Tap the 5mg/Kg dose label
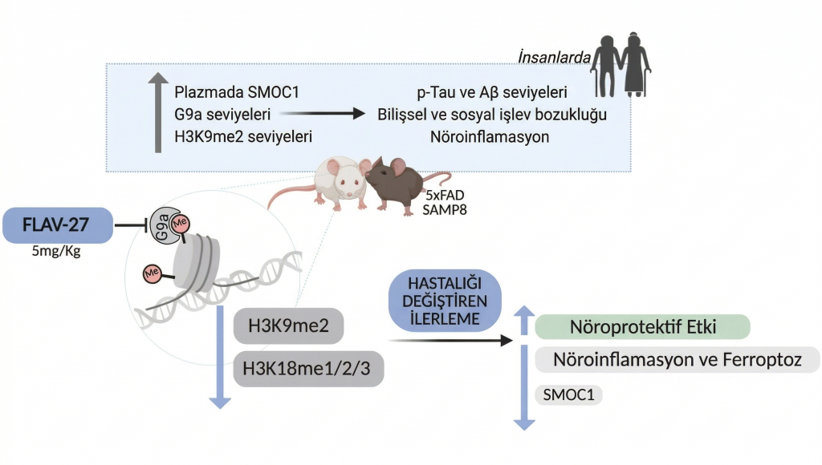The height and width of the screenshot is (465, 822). pyautogui.click(x=56, y=253)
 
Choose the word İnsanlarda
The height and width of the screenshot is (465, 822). pyautogui.click(x=555, y=58)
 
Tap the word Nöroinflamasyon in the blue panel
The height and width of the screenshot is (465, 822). pyautogui.click(x=490, y=136)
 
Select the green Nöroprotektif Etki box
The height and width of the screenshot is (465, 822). pyautogui.click(x=642, y=327)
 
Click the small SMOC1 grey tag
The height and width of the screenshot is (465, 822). pyautogui.click(x=568, y=394)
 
